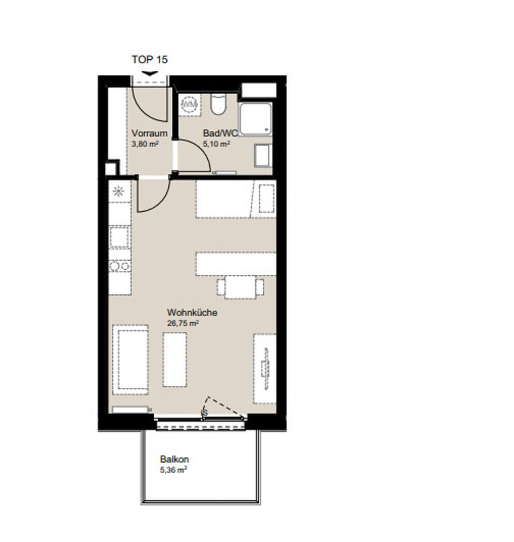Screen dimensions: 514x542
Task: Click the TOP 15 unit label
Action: coord(149,60)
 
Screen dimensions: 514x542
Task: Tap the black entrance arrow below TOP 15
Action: coord(150,73)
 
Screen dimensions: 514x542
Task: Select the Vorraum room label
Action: coord(149,133)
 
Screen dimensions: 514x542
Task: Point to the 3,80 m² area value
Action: coord(145,144)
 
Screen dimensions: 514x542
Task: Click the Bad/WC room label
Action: coord(220,133)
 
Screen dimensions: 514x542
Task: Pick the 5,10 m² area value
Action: coord(216,144)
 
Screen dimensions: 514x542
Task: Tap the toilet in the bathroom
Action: coord(218,104)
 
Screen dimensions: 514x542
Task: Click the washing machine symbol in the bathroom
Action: coord(190,104)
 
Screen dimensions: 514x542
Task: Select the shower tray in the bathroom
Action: coord(256,119)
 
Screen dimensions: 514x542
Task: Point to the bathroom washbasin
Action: coord(262,156)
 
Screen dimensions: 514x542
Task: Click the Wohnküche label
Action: coord(193,312)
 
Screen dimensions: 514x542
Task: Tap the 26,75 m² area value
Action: coord(182,323)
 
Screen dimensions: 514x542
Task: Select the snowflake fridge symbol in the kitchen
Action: coord(118,191)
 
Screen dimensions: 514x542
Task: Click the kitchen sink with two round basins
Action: coord(119,266)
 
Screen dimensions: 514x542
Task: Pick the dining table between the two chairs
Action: coord(241,287)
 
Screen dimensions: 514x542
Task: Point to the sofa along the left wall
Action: coord(131,360)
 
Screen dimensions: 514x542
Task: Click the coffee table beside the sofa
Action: coord(175,360)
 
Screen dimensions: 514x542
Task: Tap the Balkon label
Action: coord(174,459)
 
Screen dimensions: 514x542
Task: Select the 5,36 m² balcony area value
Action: coord(174,470)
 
